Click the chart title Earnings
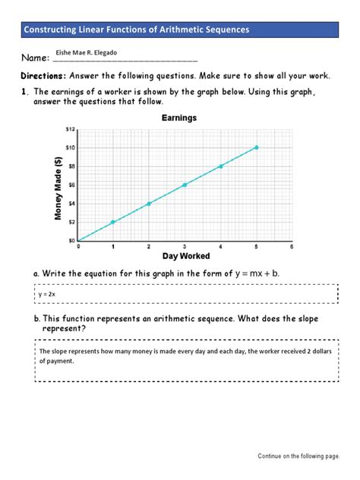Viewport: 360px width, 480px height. [179, 118]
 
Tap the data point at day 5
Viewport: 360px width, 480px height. [256, 147]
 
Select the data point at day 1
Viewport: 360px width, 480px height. [113, 222]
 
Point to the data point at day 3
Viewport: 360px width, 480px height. [185, 185]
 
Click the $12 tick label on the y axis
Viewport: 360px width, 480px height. [70, 129]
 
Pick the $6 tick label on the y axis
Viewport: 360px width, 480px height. [70, 185]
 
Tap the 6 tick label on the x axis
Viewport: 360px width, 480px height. [292, 248]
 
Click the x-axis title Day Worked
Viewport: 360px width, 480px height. [185, 257]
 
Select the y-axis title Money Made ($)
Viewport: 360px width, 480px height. [57, 188]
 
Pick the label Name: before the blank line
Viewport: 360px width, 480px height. [35, 58]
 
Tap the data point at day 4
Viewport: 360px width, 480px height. [220, 166]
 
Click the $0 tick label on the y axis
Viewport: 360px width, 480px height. [70, 241]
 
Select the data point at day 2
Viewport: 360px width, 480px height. [149, 204]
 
